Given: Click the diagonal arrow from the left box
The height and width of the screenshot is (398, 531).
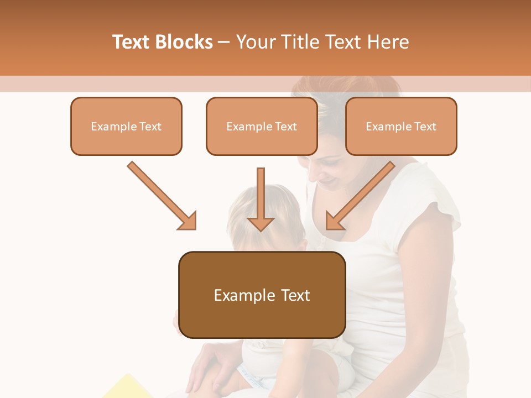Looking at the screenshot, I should [160, 195].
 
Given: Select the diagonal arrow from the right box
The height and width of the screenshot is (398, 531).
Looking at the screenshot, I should [362, 195].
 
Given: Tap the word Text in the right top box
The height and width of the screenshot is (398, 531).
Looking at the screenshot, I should [425, 127].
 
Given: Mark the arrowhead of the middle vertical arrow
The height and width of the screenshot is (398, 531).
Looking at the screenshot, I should [261, 222].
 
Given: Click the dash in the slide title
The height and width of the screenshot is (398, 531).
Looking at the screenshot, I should [224, 42].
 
